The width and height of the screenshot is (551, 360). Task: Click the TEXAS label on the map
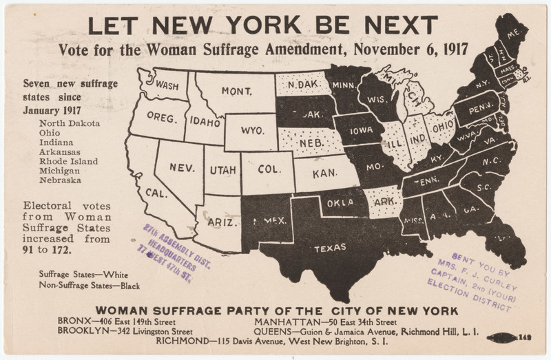click(331, 248)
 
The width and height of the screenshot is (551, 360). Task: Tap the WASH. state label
click(168, 86)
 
